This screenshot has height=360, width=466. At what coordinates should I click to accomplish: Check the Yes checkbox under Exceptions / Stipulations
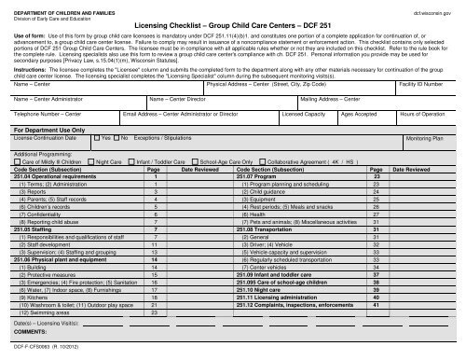point(97,137)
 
